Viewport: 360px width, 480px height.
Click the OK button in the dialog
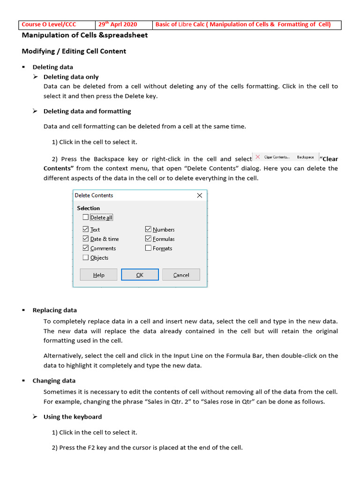pyautogui.click(x=140, y=275)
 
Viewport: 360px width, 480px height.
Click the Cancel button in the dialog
pyautogui.click(x=181, y=275)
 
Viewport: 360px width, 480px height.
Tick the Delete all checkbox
pyautogui.click(x=85, y=217)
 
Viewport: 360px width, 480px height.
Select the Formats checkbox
pyautogui.click(x=148, y=248)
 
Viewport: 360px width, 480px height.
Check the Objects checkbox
pyautogui.click(x=85, y=257)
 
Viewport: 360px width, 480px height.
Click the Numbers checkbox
pyautogui.click(x=148, y=229)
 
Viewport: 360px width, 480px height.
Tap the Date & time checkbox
pyautogui.click(x=85, y=239)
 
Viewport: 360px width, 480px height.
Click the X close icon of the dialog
pyautogui.click(x=200, y=195)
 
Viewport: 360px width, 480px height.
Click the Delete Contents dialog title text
pyautogui.click(x=94, y=195)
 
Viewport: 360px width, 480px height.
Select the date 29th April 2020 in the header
pyautogui.click(x=118, y=25)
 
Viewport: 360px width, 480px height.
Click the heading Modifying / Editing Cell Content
pyautogui.click(x=74, y=51)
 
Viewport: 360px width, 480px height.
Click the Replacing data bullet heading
pyautogui.click(x=54, y=310)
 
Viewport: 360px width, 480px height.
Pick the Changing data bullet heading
pyautogui.click(x=54, y=381)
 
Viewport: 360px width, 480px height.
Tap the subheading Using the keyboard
pyautogui.click(x=72, y=417)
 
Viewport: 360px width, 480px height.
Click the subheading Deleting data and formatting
pyautogui.click(x=87, y=111)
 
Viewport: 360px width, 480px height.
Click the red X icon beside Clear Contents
pyautogui.click(x=257, y=157)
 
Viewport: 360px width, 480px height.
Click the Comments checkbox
pyautogui.click(x=85, y=248)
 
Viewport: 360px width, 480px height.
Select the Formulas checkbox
pyautogui.click(x=148, y=239)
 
